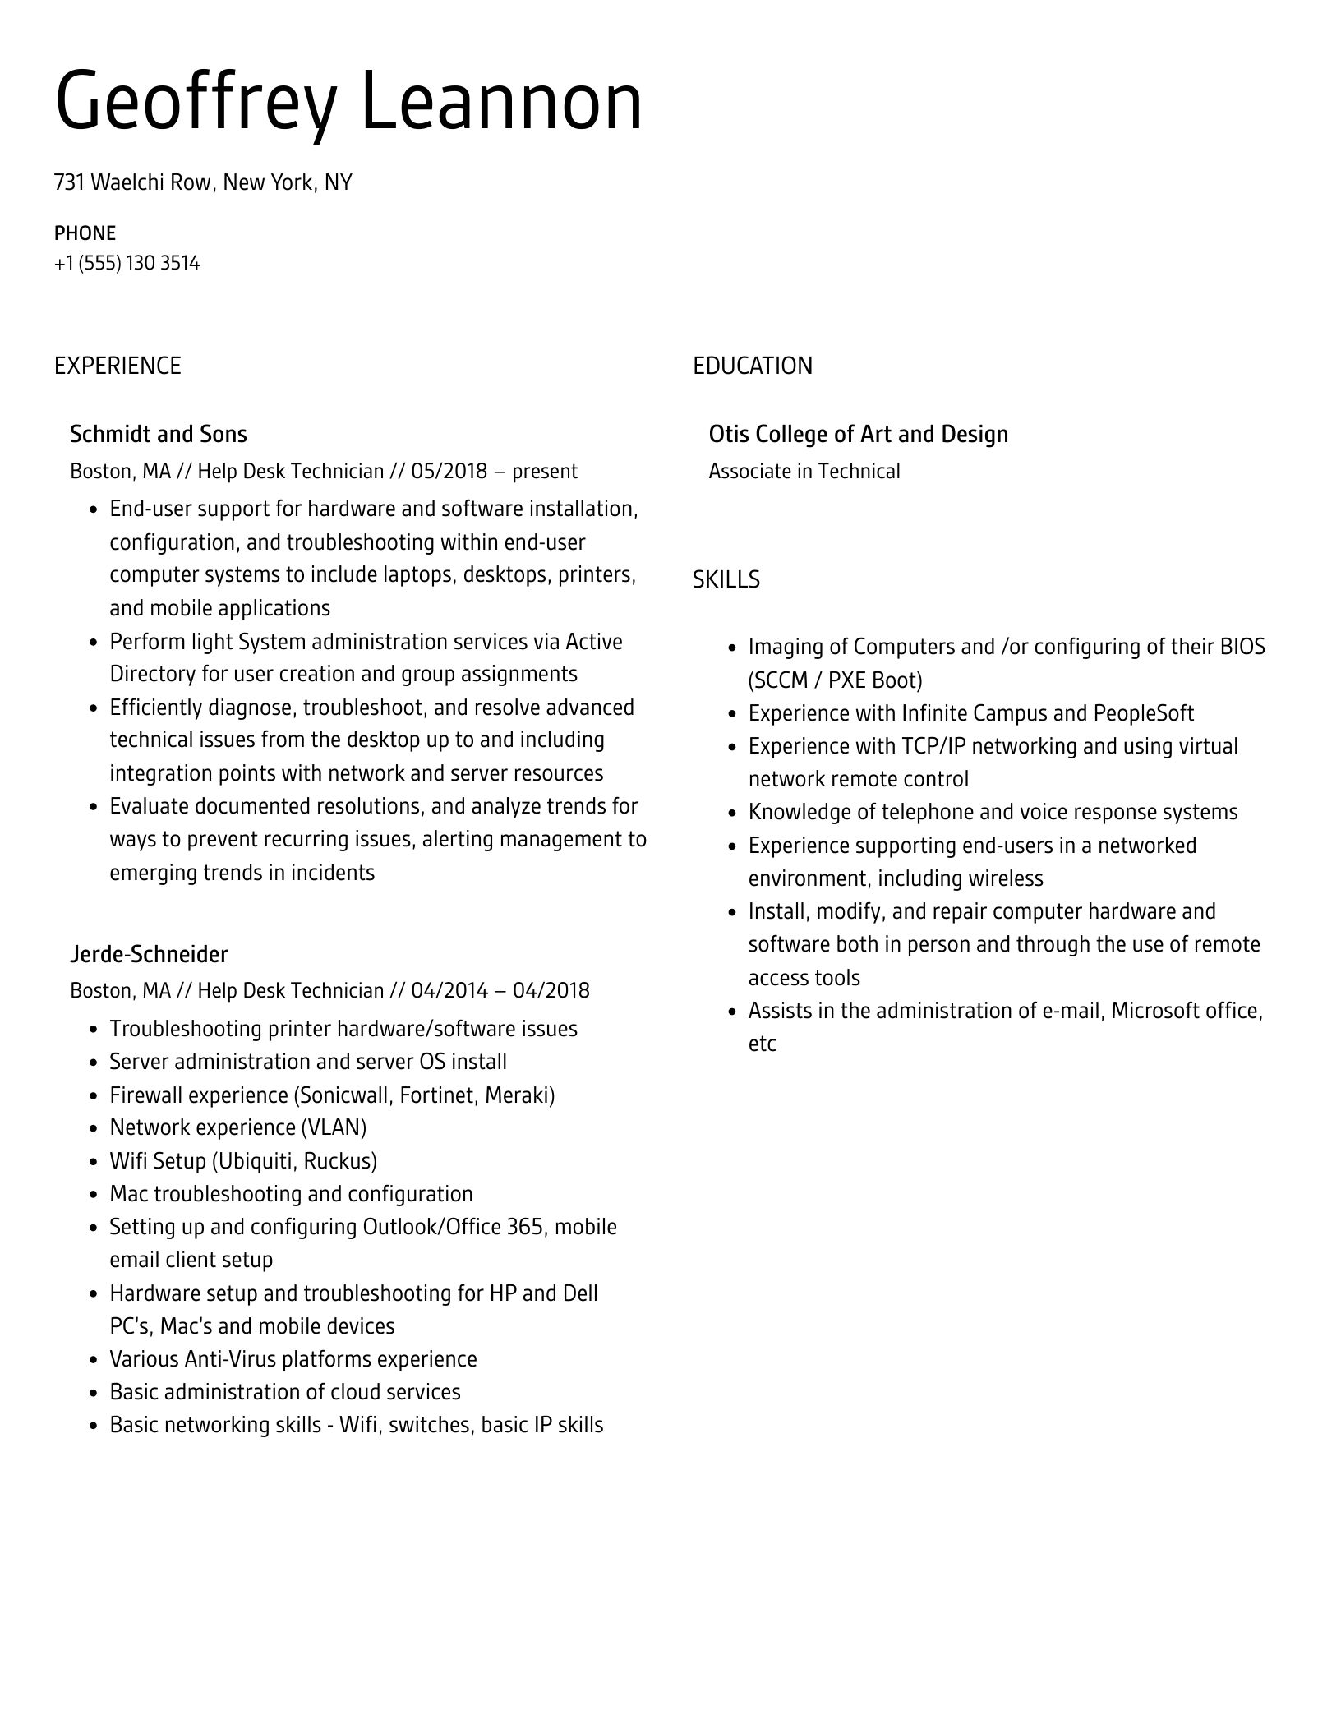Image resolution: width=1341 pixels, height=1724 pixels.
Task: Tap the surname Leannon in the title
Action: tap(501, 103)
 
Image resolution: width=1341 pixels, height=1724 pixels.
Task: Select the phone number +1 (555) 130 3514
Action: tap(127, 264)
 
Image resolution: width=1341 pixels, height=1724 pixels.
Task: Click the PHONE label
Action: tap(85, 233)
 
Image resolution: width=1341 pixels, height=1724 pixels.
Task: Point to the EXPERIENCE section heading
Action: tap(118, 366)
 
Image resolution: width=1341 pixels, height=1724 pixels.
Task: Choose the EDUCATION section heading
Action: tap(752, 366)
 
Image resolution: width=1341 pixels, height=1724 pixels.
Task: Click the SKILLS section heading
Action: tap(726, 580)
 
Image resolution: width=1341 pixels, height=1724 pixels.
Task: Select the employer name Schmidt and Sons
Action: tap(158, 434)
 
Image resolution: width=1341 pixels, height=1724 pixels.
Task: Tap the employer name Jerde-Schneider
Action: tap(149, 954)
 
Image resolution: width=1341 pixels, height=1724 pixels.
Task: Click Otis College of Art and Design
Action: tap(858, 434)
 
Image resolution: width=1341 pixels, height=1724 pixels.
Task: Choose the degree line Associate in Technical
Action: tap(804, 472)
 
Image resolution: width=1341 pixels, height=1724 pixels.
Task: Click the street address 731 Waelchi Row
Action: tap(132, 182)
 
